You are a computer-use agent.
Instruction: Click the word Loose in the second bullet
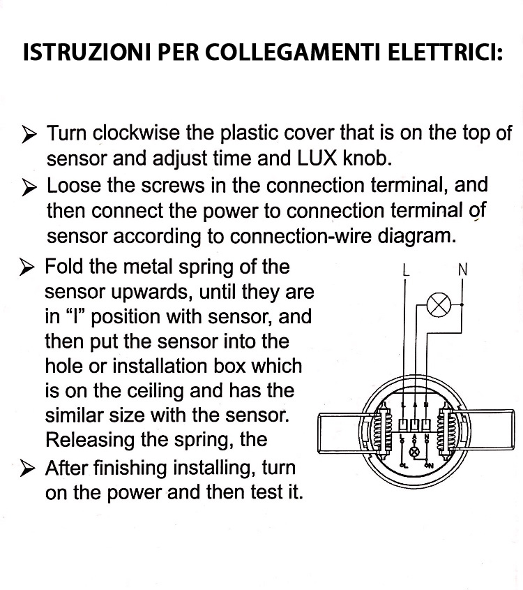coord(74,185)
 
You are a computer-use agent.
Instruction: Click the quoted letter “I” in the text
coord(77,316)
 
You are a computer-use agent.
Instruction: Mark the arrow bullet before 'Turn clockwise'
coord(29,134)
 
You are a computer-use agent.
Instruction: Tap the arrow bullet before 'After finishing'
coord(27,469)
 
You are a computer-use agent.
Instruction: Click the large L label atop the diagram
coord(405,270)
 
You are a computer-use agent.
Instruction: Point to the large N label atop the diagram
coord(463,270)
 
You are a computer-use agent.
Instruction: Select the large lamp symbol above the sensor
coord(439,304)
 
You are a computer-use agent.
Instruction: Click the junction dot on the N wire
coord(462,305)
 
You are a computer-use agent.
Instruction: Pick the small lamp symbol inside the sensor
coord(415,452)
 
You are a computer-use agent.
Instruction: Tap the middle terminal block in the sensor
coord(415,425)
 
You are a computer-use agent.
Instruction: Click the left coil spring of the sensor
coord(383,431)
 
